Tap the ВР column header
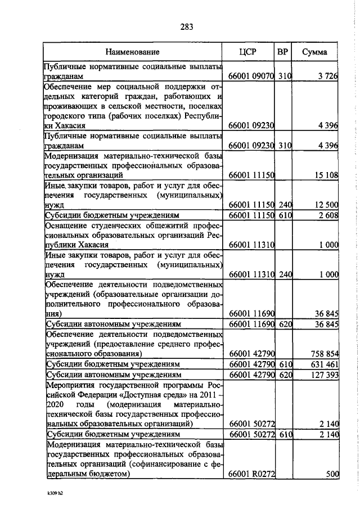283,52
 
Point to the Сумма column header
316,52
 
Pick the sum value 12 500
325,205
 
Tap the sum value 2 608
327,215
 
